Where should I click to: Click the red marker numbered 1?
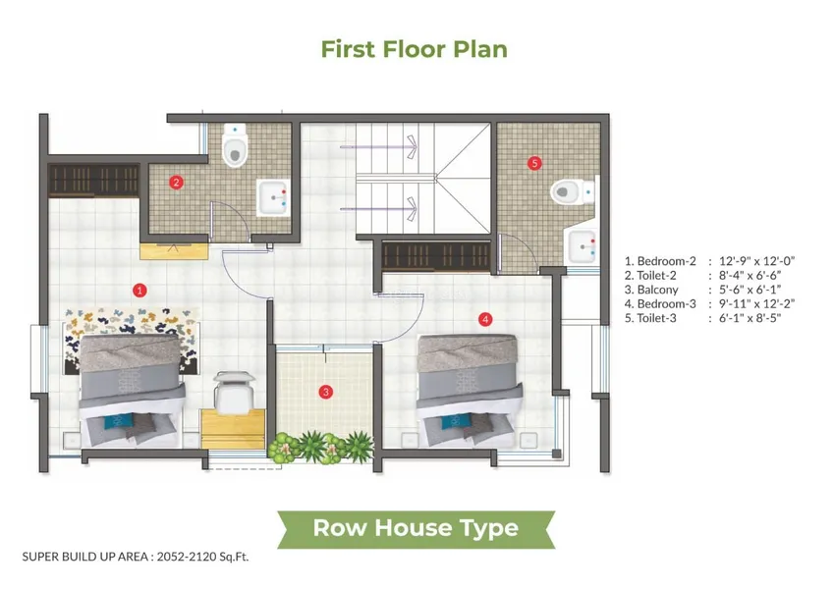139,290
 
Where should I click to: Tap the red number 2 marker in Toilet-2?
177,183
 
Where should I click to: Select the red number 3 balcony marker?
326,392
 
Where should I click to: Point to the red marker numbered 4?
485,319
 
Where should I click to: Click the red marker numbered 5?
534,163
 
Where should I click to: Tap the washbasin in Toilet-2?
274,197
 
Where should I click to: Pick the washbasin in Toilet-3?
583,246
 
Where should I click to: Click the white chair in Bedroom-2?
234,392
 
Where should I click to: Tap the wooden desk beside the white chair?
233,429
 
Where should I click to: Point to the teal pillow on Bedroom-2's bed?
118,420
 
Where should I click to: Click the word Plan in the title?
480,49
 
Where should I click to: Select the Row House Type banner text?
416,528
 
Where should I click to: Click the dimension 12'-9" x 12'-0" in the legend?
756,261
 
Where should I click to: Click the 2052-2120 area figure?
187,557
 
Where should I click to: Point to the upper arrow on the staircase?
378,146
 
